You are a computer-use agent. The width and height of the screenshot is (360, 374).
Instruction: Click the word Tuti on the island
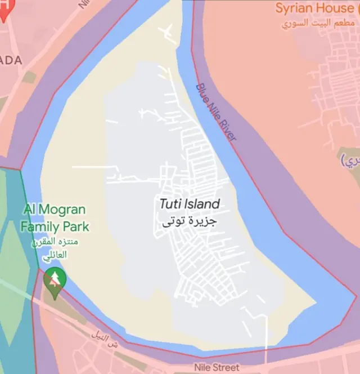click(x=169, y=204)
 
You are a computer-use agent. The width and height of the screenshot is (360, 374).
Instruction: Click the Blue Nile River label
click(x=217, y=112)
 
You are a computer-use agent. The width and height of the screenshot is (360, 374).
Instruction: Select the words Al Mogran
click(x=55, y=210)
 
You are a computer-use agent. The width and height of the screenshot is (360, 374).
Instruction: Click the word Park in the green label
click(x=76, y=227)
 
